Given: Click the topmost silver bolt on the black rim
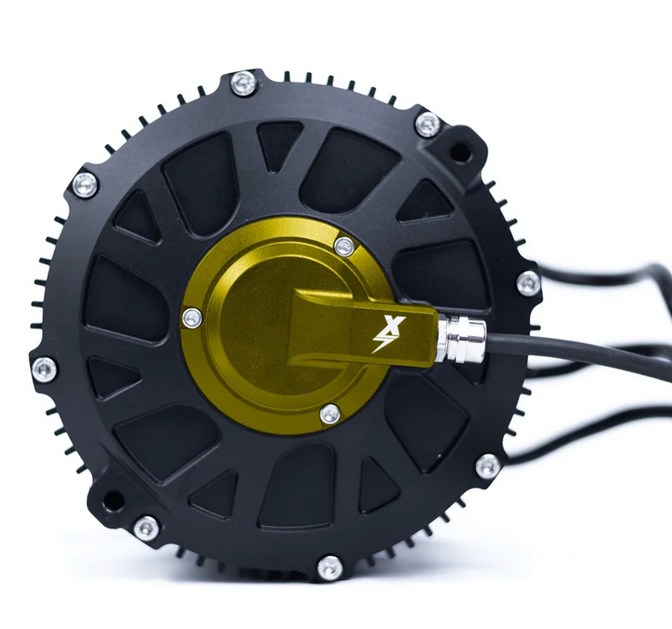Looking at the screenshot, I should click(x=244, y=84).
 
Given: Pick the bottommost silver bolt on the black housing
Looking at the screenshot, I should click(x=330, y=568).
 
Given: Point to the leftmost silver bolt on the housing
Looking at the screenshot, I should click(x=44, y=368).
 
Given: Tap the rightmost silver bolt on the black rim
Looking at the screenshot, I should click(x=528, y=282).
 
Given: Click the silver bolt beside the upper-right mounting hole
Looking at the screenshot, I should click(x=427, y=124).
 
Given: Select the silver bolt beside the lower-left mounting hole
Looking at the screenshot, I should click(x=146, y=527).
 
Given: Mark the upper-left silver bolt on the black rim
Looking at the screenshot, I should click(x=85, y=184).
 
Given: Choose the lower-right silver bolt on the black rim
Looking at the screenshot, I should click(x=488, y=467).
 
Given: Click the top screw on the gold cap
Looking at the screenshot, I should click(x=345, y=246).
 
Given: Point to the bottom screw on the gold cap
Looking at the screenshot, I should click(x=330, y=414).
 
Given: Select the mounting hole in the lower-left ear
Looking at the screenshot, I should click(x=113, y=501).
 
